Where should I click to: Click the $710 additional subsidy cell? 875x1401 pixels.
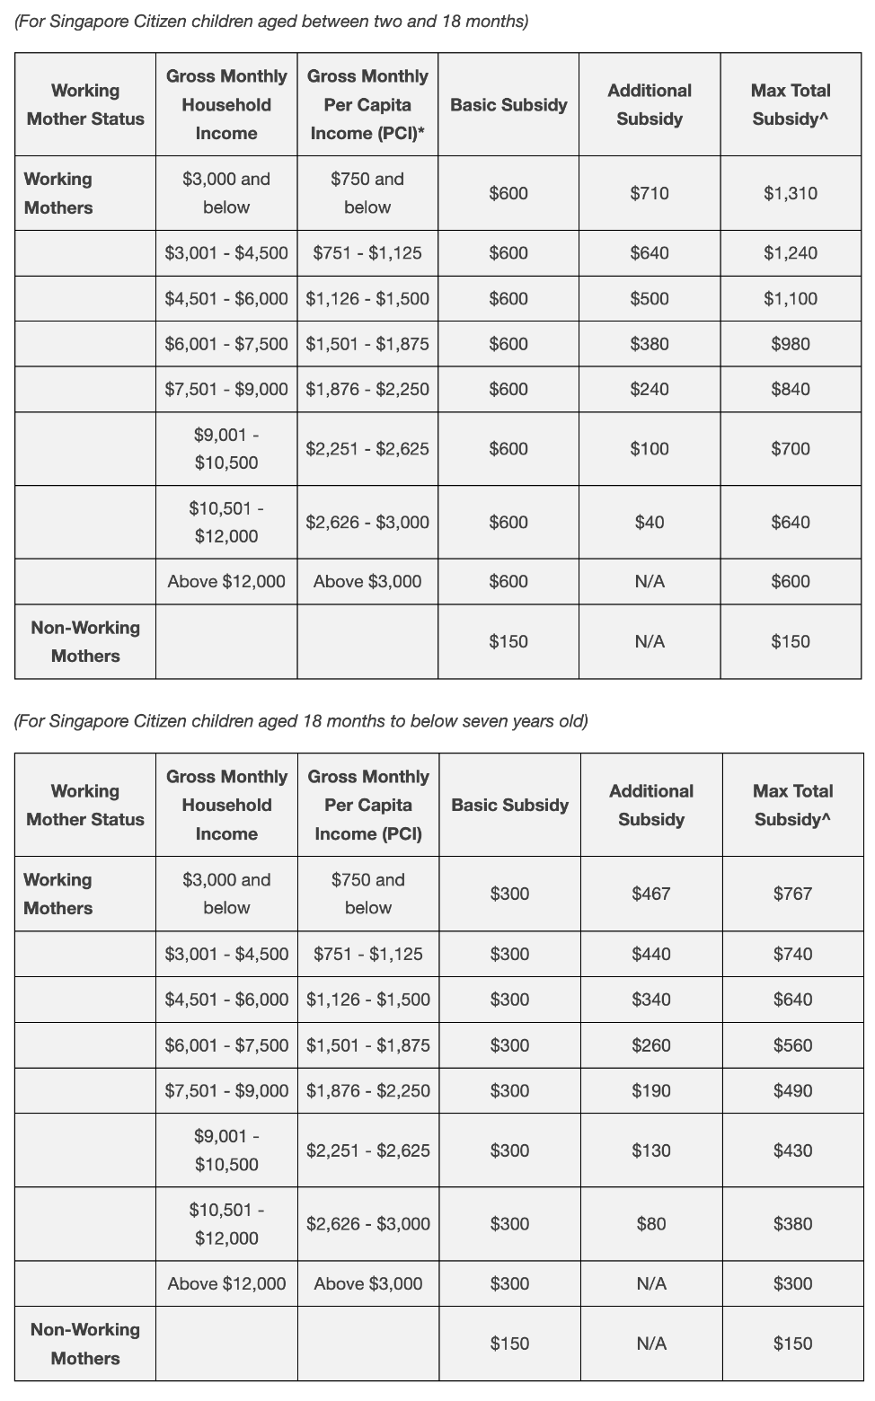(x=649, y=193)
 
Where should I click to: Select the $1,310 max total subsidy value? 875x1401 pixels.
(x=791, y=193)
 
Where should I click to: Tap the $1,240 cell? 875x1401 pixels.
(x=791, y=253)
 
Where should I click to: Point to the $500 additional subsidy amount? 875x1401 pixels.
(x=649, y=299)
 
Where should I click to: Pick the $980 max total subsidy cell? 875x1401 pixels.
(x=791, y=344)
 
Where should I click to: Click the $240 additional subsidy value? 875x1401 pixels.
(x=649, y=389)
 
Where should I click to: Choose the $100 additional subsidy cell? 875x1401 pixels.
(x=649, y=449)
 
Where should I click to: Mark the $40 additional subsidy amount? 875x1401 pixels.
(x=649, y=523)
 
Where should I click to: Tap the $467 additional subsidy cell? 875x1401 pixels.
(x=650, y=894)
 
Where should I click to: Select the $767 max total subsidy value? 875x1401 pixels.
(x=792, y=894)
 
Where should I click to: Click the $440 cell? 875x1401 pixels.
(x=650, y=954)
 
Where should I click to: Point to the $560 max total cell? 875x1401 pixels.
(x=792, y=1045)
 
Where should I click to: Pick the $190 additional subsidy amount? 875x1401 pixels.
(x=650, y=1090)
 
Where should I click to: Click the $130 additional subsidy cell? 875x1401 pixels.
(x=650, y=1150)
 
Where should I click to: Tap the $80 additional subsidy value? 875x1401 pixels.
(x=650, y=1224)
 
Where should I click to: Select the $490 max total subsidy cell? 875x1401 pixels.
(x=792, y=1090)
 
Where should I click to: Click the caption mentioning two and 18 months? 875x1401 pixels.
(x=271, y=21)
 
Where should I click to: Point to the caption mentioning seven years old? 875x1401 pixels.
(x=301, y=721)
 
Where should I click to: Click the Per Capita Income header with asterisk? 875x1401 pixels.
(x=367, y=105)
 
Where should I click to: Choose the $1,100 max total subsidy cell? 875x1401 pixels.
(x=791, y=299)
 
